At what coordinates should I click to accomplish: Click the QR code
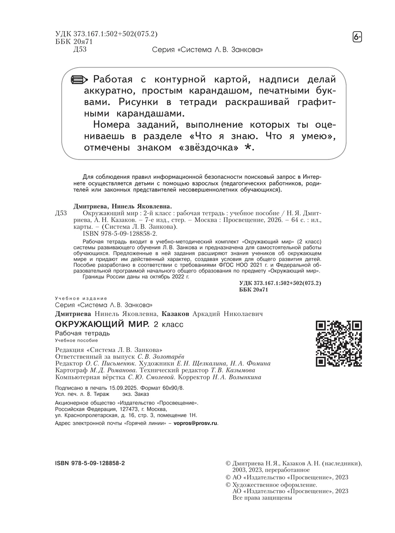coord(339,343)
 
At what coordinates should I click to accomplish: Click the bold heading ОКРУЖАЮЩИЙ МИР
coord(102,324)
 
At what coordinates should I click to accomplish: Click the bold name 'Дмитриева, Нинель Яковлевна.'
coord(122,206)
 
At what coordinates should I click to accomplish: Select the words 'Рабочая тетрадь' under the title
coord(83,333)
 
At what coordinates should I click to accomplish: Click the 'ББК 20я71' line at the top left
coord(74,41)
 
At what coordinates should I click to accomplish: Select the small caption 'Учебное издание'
coord(81,298)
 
